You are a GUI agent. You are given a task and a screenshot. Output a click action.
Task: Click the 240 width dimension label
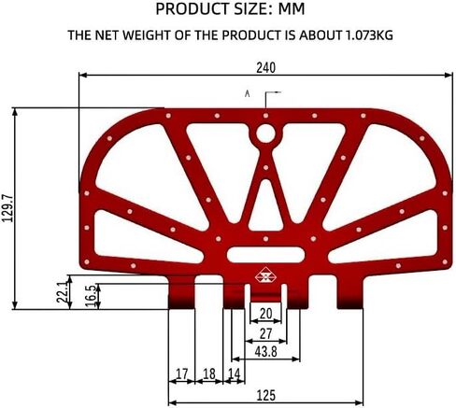(265, 67)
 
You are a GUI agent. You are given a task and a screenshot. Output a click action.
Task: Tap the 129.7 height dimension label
(7, 208)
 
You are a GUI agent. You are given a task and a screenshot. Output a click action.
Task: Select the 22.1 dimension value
(63, 292)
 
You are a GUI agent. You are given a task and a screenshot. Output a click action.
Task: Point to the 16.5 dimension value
(92, 296)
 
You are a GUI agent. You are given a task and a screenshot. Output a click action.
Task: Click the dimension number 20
(265, 314)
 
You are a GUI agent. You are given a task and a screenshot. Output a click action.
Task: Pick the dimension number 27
(265, 333)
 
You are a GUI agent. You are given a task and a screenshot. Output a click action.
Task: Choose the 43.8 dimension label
(265, 352)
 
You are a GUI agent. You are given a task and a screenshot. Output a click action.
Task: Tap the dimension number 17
(182, 373)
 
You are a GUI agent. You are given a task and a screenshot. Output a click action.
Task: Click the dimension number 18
(209, 373)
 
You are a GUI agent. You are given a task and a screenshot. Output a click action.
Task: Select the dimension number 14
(235, 373)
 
